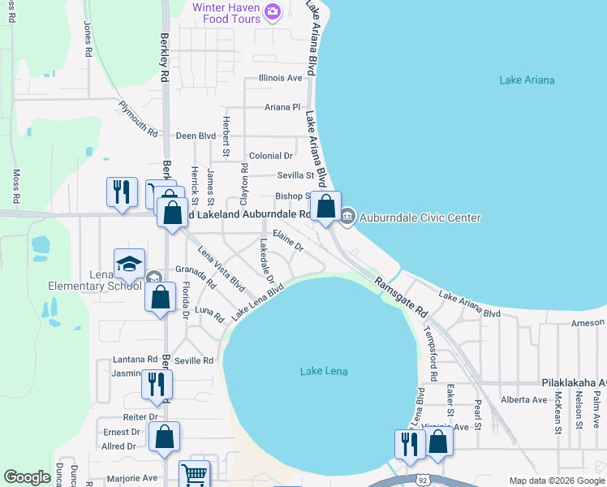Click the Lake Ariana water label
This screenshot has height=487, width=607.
click(x=527, y=80)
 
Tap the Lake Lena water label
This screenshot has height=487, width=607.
click(x=324, y=372)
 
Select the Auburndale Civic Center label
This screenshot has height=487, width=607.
click(x=420, y=218)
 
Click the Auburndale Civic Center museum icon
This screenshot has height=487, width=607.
click(x=347, y=216)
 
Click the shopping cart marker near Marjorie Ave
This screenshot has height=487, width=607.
click(x=194, y=475)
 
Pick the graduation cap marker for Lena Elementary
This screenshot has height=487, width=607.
click(x=129, y=263)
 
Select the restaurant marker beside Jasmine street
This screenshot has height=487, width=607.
click(x=157, y=384)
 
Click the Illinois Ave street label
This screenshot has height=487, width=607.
click(x=280, y=78)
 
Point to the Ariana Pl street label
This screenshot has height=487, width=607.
click(x=282, y=107)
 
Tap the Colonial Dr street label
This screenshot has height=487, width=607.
click(x=271, y=156)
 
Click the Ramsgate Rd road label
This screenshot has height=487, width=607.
click(x=401, y=295)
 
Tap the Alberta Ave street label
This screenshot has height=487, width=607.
click(x=524, y=399)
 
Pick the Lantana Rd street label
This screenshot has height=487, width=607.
click(x=136, y=359)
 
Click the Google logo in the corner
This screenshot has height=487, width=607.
click(x=28, y=477)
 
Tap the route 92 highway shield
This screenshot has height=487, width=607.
click(x=422, y=480)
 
